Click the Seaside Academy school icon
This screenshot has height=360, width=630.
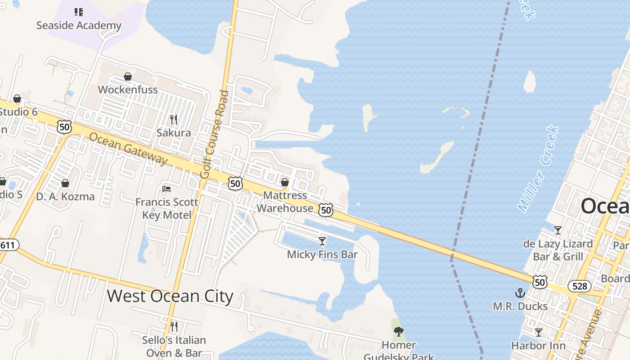point(79,12)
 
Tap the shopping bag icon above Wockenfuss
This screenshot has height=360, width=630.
point(128,76)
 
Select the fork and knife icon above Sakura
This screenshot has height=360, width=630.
point(174,120)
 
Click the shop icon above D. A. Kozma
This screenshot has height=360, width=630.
point(65,183)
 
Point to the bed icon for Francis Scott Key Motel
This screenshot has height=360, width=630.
point(166,189)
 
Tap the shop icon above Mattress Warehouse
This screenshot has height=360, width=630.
point(285,182)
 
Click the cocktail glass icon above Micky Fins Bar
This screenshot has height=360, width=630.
point(322,241)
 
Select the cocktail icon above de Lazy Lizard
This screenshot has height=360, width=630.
point(558,230)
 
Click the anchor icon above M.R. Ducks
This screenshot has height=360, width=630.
point(520,293)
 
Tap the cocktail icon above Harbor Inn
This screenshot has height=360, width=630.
point(538,333)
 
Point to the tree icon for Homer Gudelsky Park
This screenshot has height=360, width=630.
point(398,332)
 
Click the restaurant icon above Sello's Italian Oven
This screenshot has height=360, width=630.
point(174,327)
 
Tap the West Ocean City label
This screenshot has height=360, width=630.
point(170,297)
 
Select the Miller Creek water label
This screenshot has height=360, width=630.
point(538,169)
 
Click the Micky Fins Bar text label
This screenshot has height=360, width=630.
point(322,255)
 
